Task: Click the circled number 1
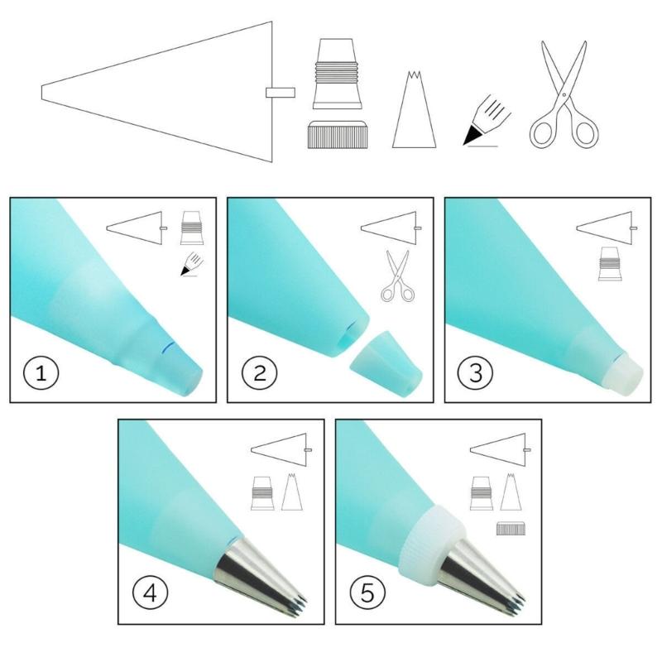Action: (x=41, y=373)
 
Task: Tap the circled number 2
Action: (x=260, y=373)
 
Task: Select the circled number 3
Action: (x=476, y=373)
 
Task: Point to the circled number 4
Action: (x=151, y=592)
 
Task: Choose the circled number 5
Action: (x=367, y=592)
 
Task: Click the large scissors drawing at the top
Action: (x=565, y=94)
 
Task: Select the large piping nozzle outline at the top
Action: (x=414, y=110)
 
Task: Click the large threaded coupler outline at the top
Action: (x=337, y=74)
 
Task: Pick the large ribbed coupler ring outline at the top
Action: (x=338, y=134)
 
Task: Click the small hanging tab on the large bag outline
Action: (x=281, y=93)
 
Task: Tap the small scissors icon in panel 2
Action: (x=398, y=276)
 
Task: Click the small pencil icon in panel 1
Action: (x=192, y=265)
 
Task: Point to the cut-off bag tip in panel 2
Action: (x=386, y=364)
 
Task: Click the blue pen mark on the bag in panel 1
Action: (x=168, y=347)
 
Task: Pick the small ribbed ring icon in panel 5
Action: (x=511, y=529)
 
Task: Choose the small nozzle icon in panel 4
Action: (x=292, y=492)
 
